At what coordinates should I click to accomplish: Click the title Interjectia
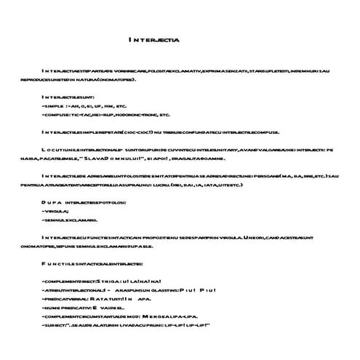tap(154, 40)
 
